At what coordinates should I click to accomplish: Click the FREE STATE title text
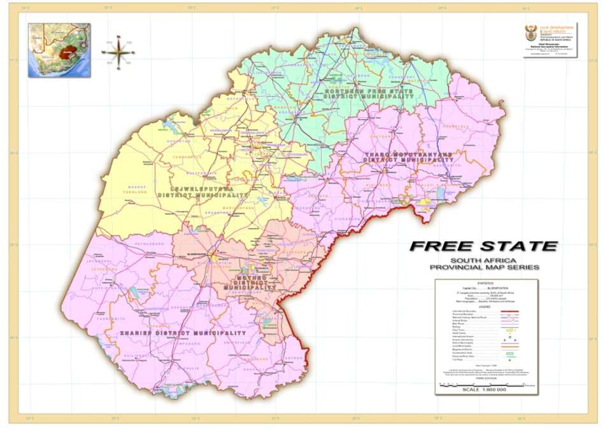[483, 246]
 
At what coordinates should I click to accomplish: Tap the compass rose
[118, 52]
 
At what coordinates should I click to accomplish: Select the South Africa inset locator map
[59, 50]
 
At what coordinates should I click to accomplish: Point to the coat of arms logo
[530, 35]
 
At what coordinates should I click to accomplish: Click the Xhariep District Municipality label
[183, 333]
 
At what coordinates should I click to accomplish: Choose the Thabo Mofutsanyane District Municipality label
[408, 156]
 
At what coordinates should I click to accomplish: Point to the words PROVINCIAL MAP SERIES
[484, 267]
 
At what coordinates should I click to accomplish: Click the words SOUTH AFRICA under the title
[484, 261]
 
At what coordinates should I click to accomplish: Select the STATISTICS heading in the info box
[485, 282]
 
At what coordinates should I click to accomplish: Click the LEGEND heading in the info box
[485, 306]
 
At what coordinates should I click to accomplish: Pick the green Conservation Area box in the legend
[509, 352]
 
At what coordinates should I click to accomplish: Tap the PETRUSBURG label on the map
[148, 242]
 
